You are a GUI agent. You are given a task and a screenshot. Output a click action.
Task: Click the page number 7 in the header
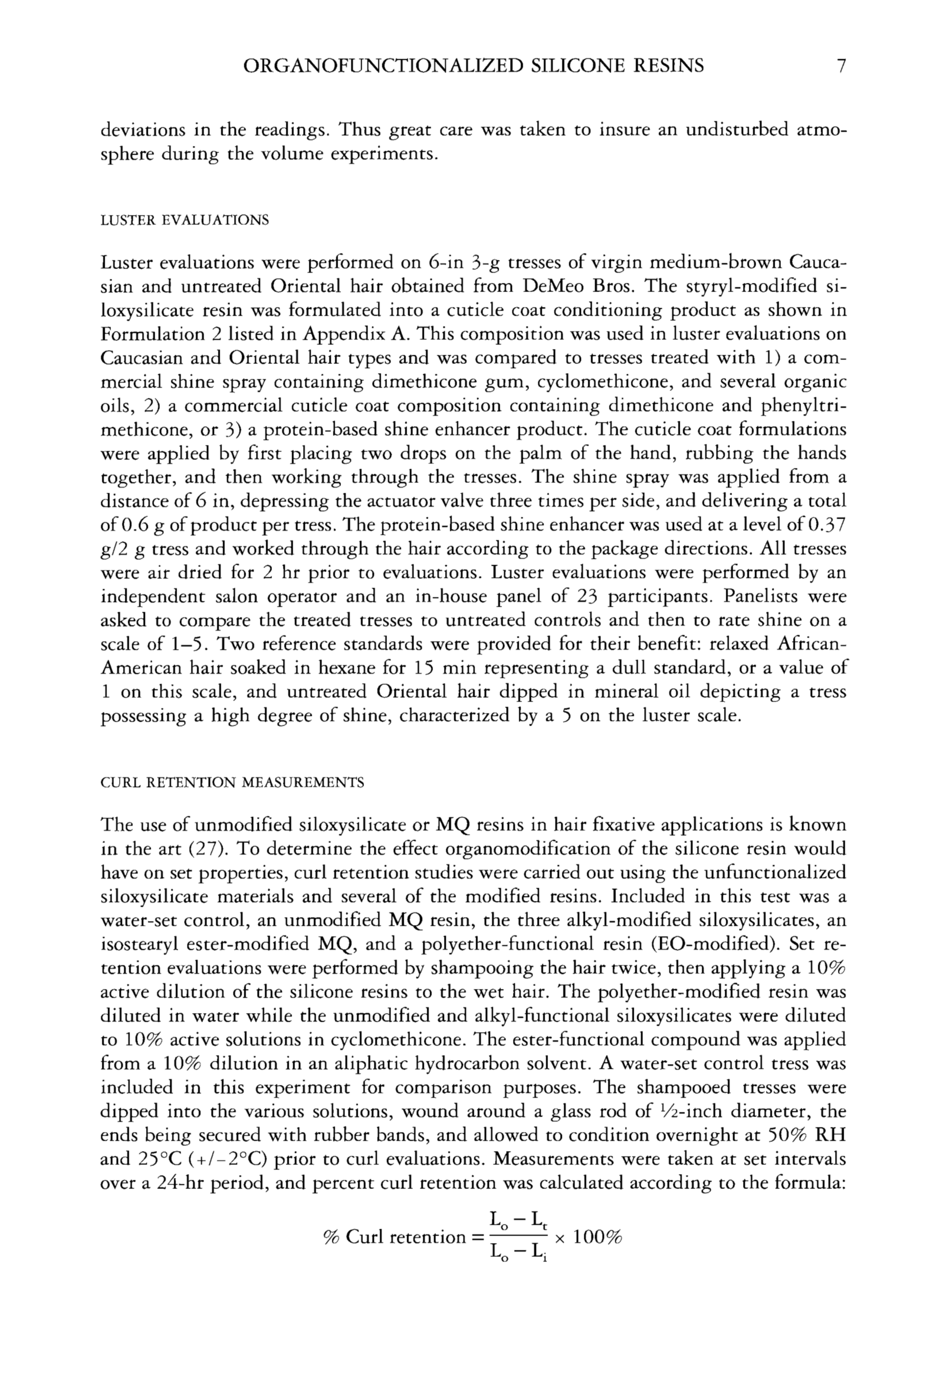tap(840, 65)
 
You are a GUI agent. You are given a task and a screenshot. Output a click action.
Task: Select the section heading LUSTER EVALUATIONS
tap(185, 221)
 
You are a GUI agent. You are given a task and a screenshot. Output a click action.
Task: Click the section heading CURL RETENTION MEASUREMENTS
tap(232, 783)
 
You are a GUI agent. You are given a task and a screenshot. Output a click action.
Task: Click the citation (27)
tap(205, 849)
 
